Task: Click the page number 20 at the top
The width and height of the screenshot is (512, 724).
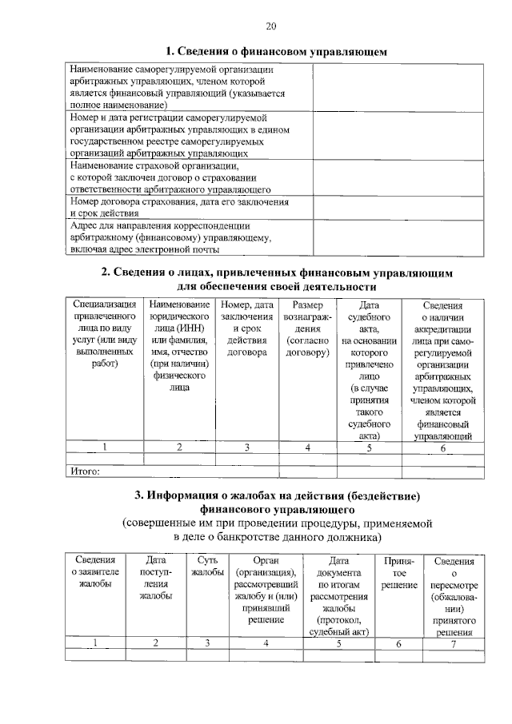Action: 271,26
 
